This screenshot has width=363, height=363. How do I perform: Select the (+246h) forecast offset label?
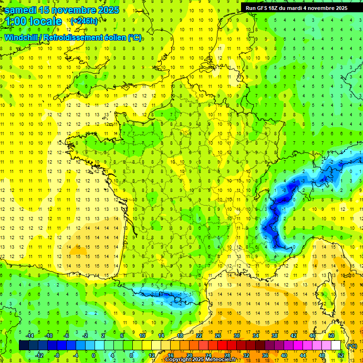(x=84, y=21)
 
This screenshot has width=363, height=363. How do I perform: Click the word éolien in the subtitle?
(x=113, y=37)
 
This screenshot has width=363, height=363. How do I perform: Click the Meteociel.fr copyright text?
(x=200, y=360)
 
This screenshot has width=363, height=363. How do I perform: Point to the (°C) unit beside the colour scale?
(x=352, y=346)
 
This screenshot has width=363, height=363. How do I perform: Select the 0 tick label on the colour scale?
(x=93, y=355)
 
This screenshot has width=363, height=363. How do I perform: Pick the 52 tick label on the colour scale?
(x=341, y=355)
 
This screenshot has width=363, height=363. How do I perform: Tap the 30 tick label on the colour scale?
(x=236, y=336)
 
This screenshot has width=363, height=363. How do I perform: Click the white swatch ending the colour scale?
(x=336, y=346)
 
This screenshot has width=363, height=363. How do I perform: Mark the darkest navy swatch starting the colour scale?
(x=24, y=346)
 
